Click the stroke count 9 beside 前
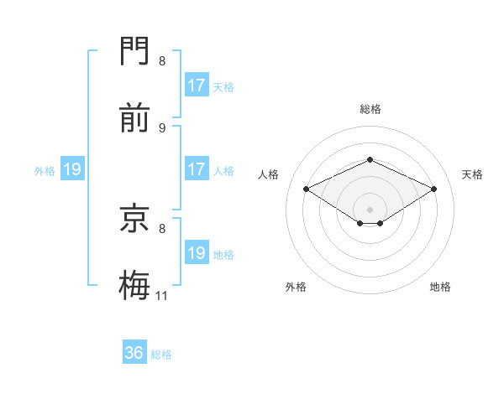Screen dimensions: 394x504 (x=162, y=127)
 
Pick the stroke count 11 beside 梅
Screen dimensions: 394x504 (x=162, y=295)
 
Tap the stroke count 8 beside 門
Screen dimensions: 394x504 (x=162, y=60)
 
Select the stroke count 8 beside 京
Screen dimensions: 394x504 (x=162, y=227)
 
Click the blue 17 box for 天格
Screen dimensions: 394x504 (x=197, y=86)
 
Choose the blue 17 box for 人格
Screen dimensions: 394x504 (x=197, y=169)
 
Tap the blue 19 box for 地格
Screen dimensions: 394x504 (x=197, y=253)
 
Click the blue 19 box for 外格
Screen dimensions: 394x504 (x=72, y=169)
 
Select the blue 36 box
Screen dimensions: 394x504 (x=134, y=353)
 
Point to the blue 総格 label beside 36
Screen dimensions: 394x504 (x=162, y=355)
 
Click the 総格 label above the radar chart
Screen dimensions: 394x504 (x=370, y=109)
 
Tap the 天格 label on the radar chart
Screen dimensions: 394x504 (x=472, y=174)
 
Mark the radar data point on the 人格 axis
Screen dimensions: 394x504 (x=306, y=189)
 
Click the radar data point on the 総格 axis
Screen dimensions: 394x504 (x=370, y=159)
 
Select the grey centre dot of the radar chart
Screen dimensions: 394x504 (x=370, y=209)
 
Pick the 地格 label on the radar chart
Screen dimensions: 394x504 (x=440, y=287)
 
